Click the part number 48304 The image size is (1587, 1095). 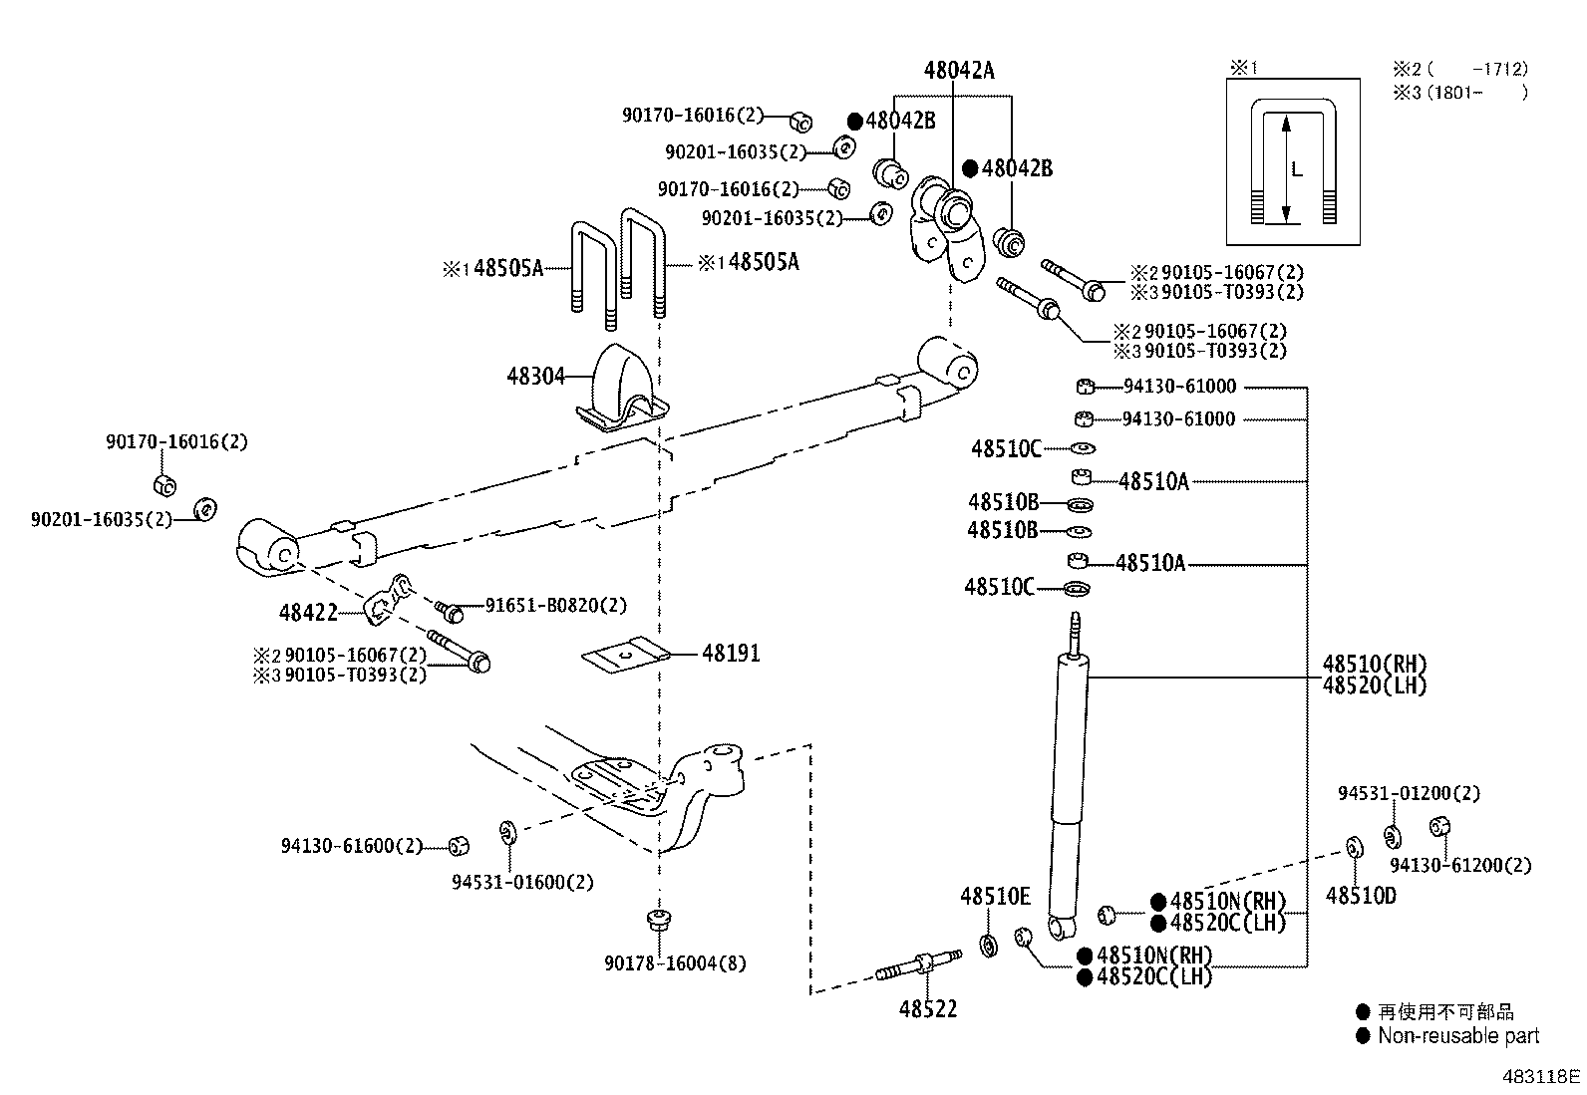pos(535,377)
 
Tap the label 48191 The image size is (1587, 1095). pos(731,654)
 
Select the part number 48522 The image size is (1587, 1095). pos(927,1009)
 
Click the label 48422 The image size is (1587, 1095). pos(308,613)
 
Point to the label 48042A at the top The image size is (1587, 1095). pos(958,70)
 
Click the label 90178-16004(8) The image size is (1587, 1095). pos(675,963)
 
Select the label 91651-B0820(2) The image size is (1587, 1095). pos(556,606)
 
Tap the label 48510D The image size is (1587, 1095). pos(1361,896)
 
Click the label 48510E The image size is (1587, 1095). pos(995,897)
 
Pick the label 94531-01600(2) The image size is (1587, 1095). pos(522,882)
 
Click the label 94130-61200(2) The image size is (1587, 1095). pos(1460,865)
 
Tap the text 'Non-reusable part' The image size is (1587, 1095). pos(1458,1036)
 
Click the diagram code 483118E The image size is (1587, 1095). pos(1542,1077)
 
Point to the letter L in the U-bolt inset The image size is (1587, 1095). pos(1297,169)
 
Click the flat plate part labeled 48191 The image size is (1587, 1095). pos(621,656)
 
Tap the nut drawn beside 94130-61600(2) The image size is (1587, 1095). pos(459,846)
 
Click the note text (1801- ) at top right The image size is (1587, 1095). pos(1474,93)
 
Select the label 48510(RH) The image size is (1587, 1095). pos(1375,665)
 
